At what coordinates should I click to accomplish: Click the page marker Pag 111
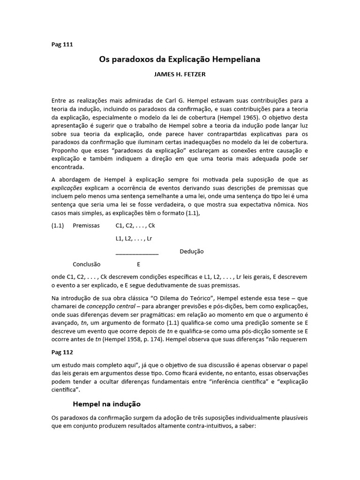pos(62,45)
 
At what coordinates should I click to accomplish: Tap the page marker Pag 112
pos(62,351)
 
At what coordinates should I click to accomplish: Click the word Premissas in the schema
pos(86,225)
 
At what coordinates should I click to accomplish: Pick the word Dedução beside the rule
pos(192,252)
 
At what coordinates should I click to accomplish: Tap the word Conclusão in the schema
pos(87,264)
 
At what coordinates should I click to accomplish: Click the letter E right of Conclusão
pos(138,264)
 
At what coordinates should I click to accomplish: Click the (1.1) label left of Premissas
pos(58,225)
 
